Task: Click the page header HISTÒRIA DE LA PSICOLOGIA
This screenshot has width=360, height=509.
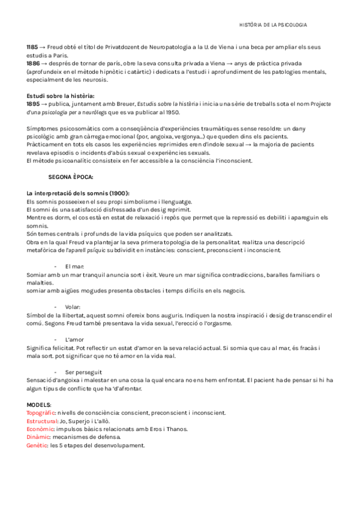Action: [273, 25]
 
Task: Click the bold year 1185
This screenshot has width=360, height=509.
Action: [32, 46]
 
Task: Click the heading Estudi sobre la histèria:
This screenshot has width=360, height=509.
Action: [60, 95]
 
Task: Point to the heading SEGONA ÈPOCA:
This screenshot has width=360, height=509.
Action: [70, 177]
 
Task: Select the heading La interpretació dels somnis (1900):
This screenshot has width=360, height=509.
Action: [78, 193]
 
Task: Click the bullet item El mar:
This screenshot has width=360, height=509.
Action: [75, 266]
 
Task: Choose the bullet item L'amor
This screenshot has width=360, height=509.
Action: [75, 339]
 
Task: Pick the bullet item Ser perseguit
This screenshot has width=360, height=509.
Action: [83, 372]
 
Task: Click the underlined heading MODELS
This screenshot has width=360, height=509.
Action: [38, 405]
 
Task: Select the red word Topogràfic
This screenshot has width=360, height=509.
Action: [41, 413]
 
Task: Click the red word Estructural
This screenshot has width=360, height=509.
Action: [41, 421]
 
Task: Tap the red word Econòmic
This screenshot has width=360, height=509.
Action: [40, 429]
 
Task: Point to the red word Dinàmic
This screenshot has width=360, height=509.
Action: [38, 437]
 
